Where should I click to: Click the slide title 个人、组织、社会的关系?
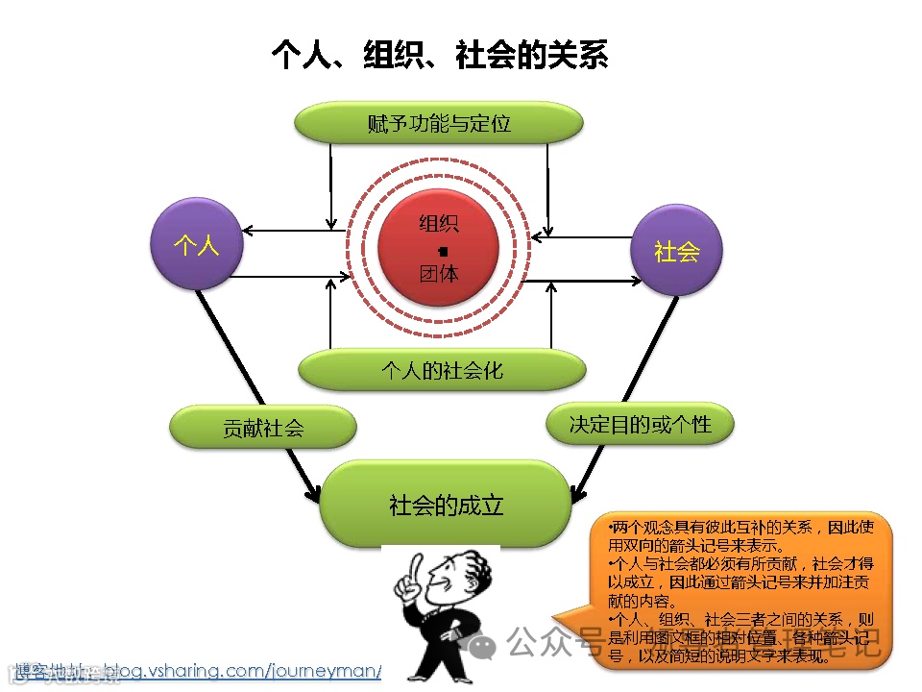point(440,55)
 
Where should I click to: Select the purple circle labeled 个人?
point(197,245)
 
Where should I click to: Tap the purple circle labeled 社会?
point(676,251)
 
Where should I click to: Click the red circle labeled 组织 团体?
point(439,249)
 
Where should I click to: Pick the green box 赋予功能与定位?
point(438,124)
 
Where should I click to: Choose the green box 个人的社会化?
point(442,370)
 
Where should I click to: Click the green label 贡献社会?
point(262,427)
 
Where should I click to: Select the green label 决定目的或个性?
point(640,424)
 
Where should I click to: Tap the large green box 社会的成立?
point(446,505)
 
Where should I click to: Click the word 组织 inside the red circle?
point(439,224)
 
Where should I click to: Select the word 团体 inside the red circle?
point(439,273)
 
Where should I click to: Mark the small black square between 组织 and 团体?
point(442,250)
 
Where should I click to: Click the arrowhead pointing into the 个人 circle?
point(248,231)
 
